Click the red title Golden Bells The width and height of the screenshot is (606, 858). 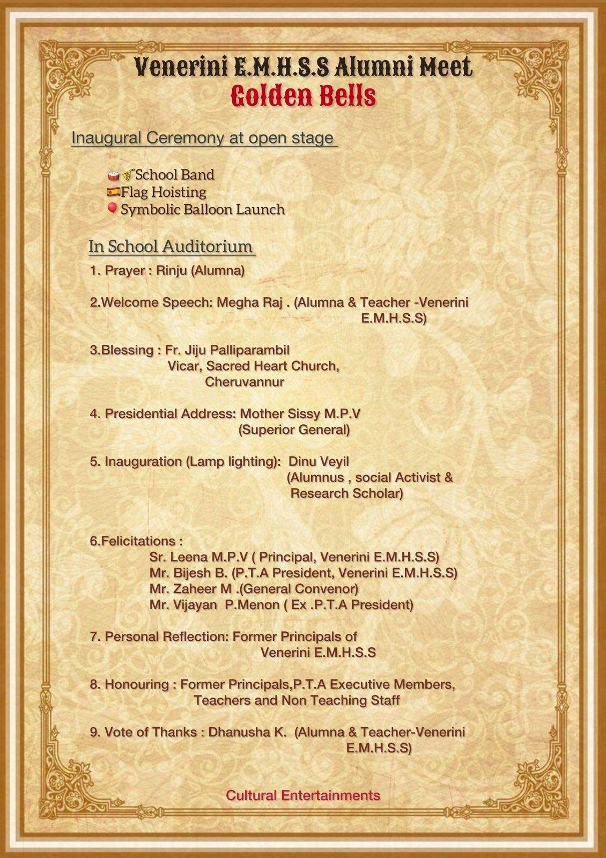(303, 97)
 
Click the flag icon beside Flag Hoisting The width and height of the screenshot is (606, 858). (113, 191)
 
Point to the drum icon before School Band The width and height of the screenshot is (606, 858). (113, 175)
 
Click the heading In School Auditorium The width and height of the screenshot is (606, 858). (171, 246)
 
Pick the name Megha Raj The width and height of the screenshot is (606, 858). (249, 302)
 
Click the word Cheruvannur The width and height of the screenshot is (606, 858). (245, 382)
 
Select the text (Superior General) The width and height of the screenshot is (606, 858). (294, 430)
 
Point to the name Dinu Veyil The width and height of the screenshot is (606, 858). (319, 462)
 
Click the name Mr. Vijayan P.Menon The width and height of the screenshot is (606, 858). (215, 605)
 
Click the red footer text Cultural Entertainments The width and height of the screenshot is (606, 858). (303, 795)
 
